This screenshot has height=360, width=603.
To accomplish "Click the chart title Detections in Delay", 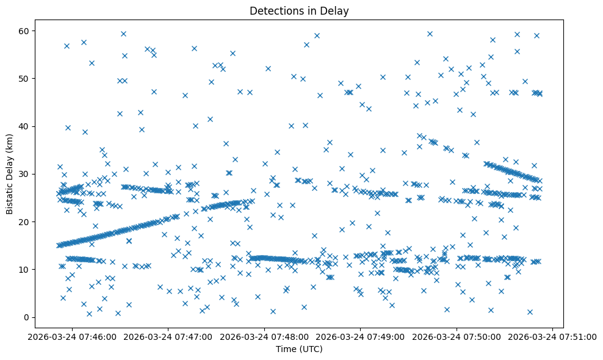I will (299, 10).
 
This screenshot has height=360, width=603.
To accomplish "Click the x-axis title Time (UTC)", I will (299, 350).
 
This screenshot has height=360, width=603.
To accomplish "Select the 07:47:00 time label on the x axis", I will (169, 336).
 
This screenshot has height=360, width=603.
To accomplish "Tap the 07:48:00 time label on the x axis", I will (265, 336).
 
